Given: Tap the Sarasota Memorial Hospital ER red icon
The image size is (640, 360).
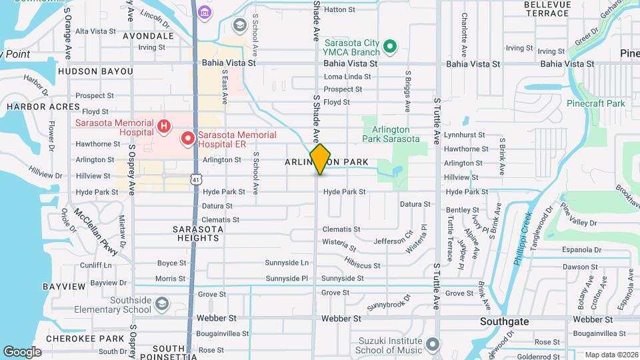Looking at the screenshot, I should click(x=188, y=139).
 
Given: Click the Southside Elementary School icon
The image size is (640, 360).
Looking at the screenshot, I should click(x=161, y=305).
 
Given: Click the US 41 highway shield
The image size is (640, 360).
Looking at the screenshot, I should click(x=195, y=179).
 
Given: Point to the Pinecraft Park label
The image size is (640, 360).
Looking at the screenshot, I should click(x=595, y=103).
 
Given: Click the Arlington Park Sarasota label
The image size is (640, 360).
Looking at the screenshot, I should click(x=391, y=134).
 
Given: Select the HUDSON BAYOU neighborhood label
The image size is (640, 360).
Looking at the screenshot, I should click(x=95, y=71).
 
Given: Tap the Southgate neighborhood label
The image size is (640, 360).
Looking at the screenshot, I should click(x=505, y=321).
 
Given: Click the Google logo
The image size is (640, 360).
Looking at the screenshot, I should click(x=22, y=351).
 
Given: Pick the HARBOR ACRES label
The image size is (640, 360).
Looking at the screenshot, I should click(x=35, y=107).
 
